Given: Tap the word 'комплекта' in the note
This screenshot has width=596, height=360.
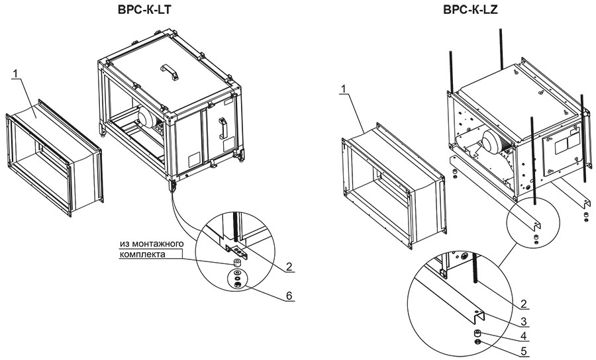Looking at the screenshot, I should (142, 254).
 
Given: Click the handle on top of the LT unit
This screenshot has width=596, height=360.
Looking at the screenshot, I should (170, 70).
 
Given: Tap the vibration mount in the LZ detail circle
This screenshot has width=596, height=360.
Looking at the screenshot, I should (477, 332).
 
